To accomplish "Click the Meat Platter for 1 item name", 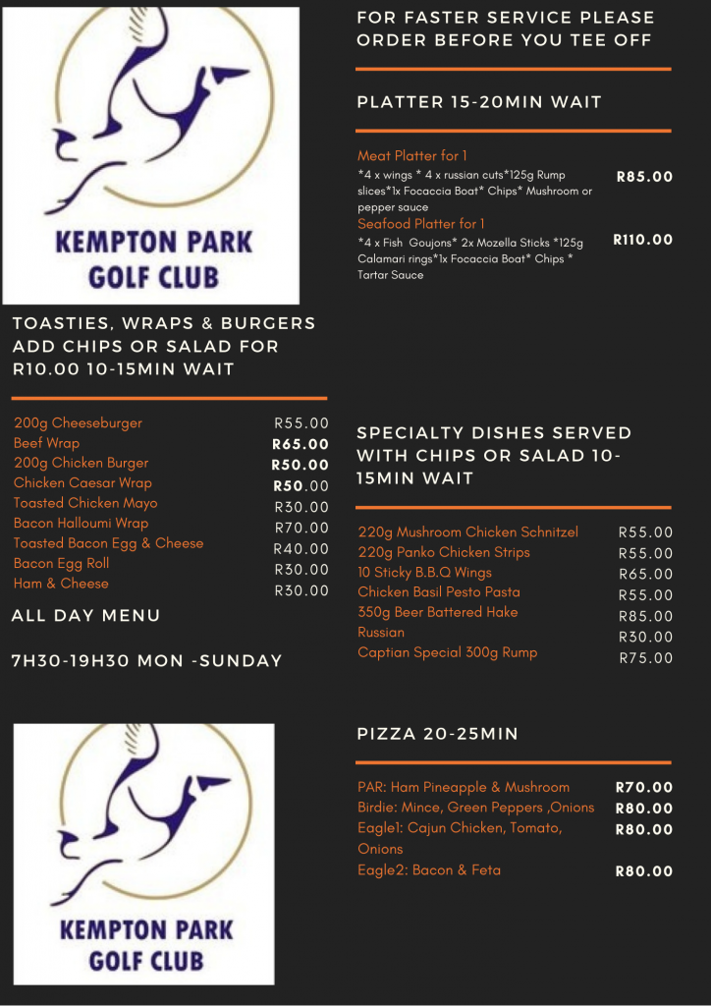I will pos(411,155).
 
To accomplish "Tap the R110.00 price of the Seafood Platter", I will pos(643,240).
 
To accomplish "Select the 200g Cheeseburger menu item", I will pos(78,423).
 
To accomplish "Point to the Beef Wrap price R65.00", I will pos(301,444).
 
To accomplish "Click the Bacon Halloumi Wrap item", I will pos(81,524).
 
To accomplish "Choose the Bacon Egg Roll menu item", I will pos(61,564).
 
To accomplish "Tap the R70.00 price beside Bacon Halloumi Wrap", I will pos(301,529).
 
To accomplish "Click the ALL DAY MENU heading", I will pos(85,616).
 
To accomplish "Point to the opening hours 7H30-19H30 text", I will pos(146,661).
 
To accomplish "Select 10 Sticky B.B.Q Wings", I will pos(424,573).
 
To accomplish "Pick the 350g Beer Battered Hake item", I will pos(437,612).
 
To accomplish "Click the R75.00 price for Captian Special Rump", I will pos(645,658).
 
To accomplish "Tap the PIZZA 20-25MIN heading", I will pos(437,734).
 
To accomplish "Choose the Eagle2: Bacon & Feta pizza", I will pos(428,870).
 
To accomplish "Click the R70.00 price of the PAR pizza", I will pos(643,787).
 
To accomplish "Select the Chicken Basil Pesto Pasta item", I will pos(438,592).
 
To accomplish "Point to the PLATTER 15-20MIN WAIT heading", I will pos(479,102).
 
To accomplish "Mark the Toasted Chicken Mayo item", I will pos(85,503).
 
